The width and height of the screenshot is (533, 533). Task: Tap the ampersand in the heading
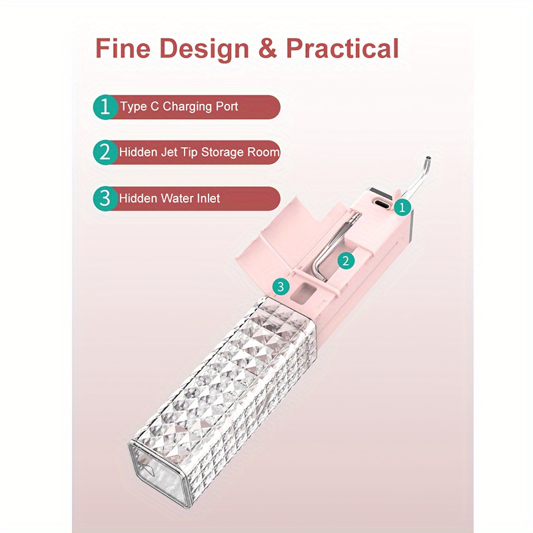click(268, 49)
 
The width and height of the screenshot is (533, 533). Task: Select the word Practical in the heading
click(342, 48)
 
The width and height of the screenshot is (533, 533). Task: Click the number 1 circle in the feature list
click(106, 107)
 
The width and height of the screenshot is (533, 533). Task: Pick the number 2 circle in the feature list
click(106, 153)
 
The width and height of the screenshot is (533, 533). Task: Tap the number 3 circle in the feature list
click(106, 198)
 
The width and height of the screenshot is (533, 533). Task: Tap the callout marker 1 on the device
click(402, 207)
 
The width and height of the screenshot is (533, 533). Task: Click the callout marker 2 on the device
click(346, 261)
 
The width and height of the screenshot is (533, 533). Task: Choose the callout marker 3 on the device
click(280, 287)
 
